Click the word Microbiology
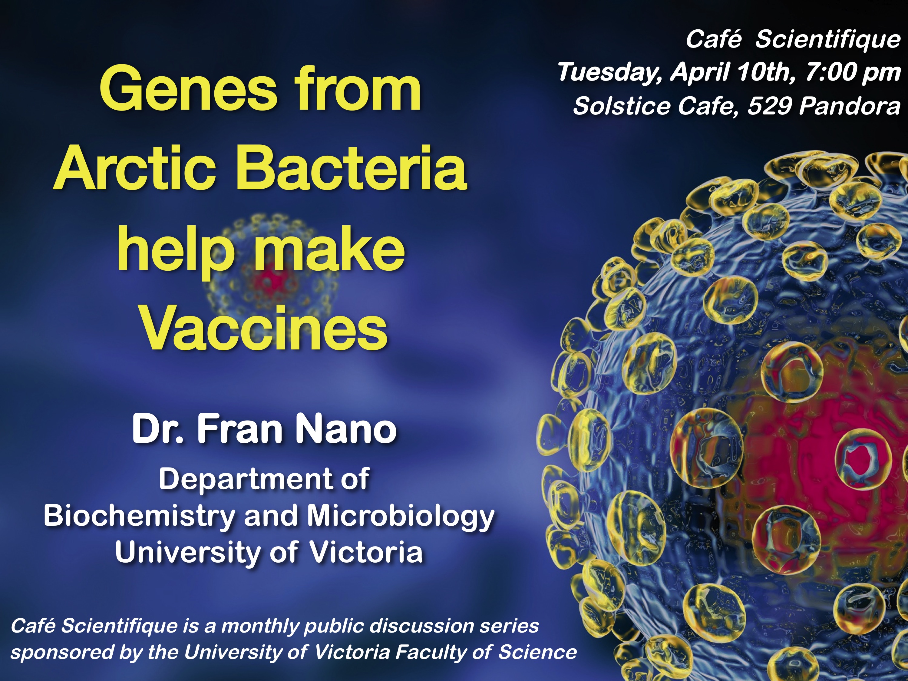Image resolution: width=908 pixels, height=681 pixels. click(401, 516)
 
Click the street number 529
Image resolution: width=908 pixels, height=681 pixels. click(770, 106)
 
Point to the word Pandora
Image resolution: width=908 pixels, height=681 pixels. click(850, 106)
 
